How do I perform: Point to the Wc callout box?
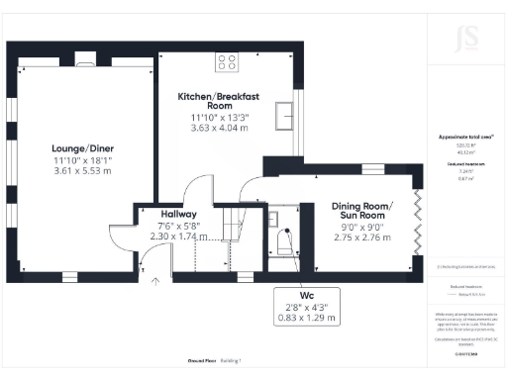[304, 306]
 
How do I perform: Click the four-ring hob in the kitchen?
[225, 61]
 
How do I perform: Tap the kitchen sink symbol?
[284, 113]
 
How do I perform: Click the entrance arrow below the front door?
[154, 281]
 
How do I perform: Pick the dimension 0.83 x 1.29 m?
[304, 320]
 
